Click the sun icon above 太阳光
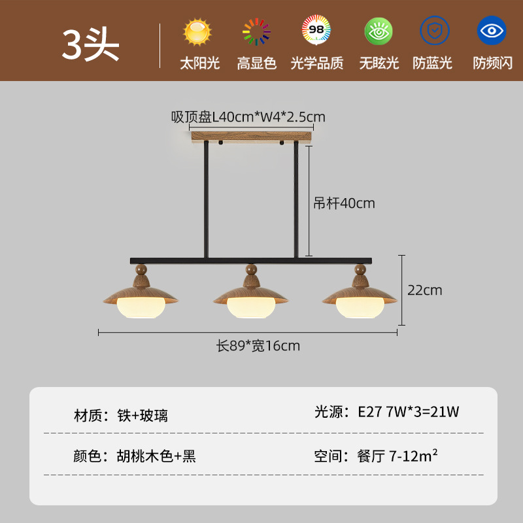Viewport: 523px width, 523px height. [197, 31]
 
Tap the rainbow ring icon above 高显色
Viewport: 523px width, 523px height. [256, 31]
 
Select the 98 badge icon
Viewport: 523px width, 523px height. [316, 30]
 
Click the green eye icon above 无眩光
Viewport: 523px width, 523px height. [379, 31]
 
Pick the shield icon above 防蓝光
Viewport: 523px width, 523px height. [435, 30]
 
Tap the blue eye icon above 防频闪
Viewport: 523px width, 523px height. [492, 30]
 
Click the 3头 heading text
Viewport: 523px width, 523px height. [90, 45]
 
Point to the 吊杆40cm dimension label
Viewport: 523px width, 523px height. [344, 203]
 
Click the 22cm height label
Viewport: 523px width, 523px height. [424, 290]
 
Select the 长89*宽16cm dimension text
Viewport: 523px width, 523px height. [258, 346]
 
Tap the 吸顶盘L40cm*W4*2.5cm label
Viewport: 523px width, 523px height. [248, 117]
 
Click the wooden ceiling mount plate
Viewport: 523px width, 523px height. [252, 137]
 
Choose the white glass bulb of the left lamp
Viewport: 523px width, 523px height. [141, 307]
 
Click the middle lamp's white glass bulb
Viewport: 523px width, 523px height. [251, 307]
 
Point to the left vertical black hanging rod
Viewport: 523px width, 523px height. [206, 199]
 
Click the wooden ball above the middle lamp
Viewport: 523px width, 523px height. [251, 269]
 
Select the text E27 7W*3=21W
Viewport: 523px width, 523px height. [408, 412]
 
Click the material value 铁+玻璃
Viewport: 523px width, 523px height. [143, 415]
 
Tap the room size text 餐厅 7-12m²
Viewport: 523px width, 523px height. [397, 455]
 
